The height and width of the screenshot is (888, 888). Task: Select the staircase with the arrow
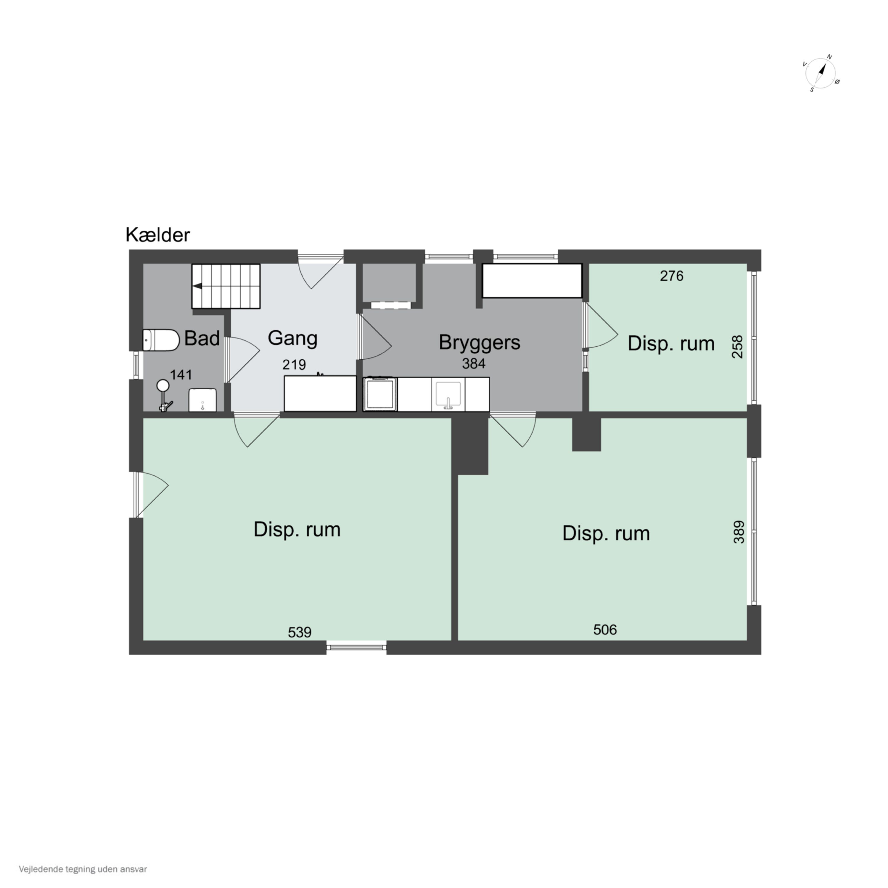226,286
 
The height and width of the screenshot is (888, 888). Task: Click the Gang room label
292,339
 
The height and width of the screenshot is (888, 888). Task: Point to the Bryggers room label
480,342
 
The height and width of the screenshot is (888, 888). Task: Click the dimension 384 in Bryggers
473,363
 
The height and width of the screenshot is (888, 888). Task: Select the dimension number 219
294,364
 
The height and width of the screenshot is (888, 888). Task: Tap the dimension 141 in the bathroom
181,375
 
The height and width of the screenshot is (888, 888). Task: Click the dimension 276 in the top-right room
672,276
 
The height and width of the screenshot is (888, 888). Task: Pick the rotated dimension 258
737,347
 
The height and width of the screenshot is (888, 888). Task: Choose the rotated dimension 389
739,532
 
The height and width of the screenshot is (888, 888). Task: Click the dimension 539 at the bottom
300,633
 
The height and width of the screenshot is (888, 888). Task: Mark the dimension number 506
605,630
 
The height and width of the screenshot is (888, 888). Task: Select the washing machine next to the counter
380,394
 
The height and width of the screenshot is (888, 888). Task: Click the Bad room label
202,339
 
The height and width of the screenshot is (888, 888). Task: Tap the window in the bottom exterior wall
357,648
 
